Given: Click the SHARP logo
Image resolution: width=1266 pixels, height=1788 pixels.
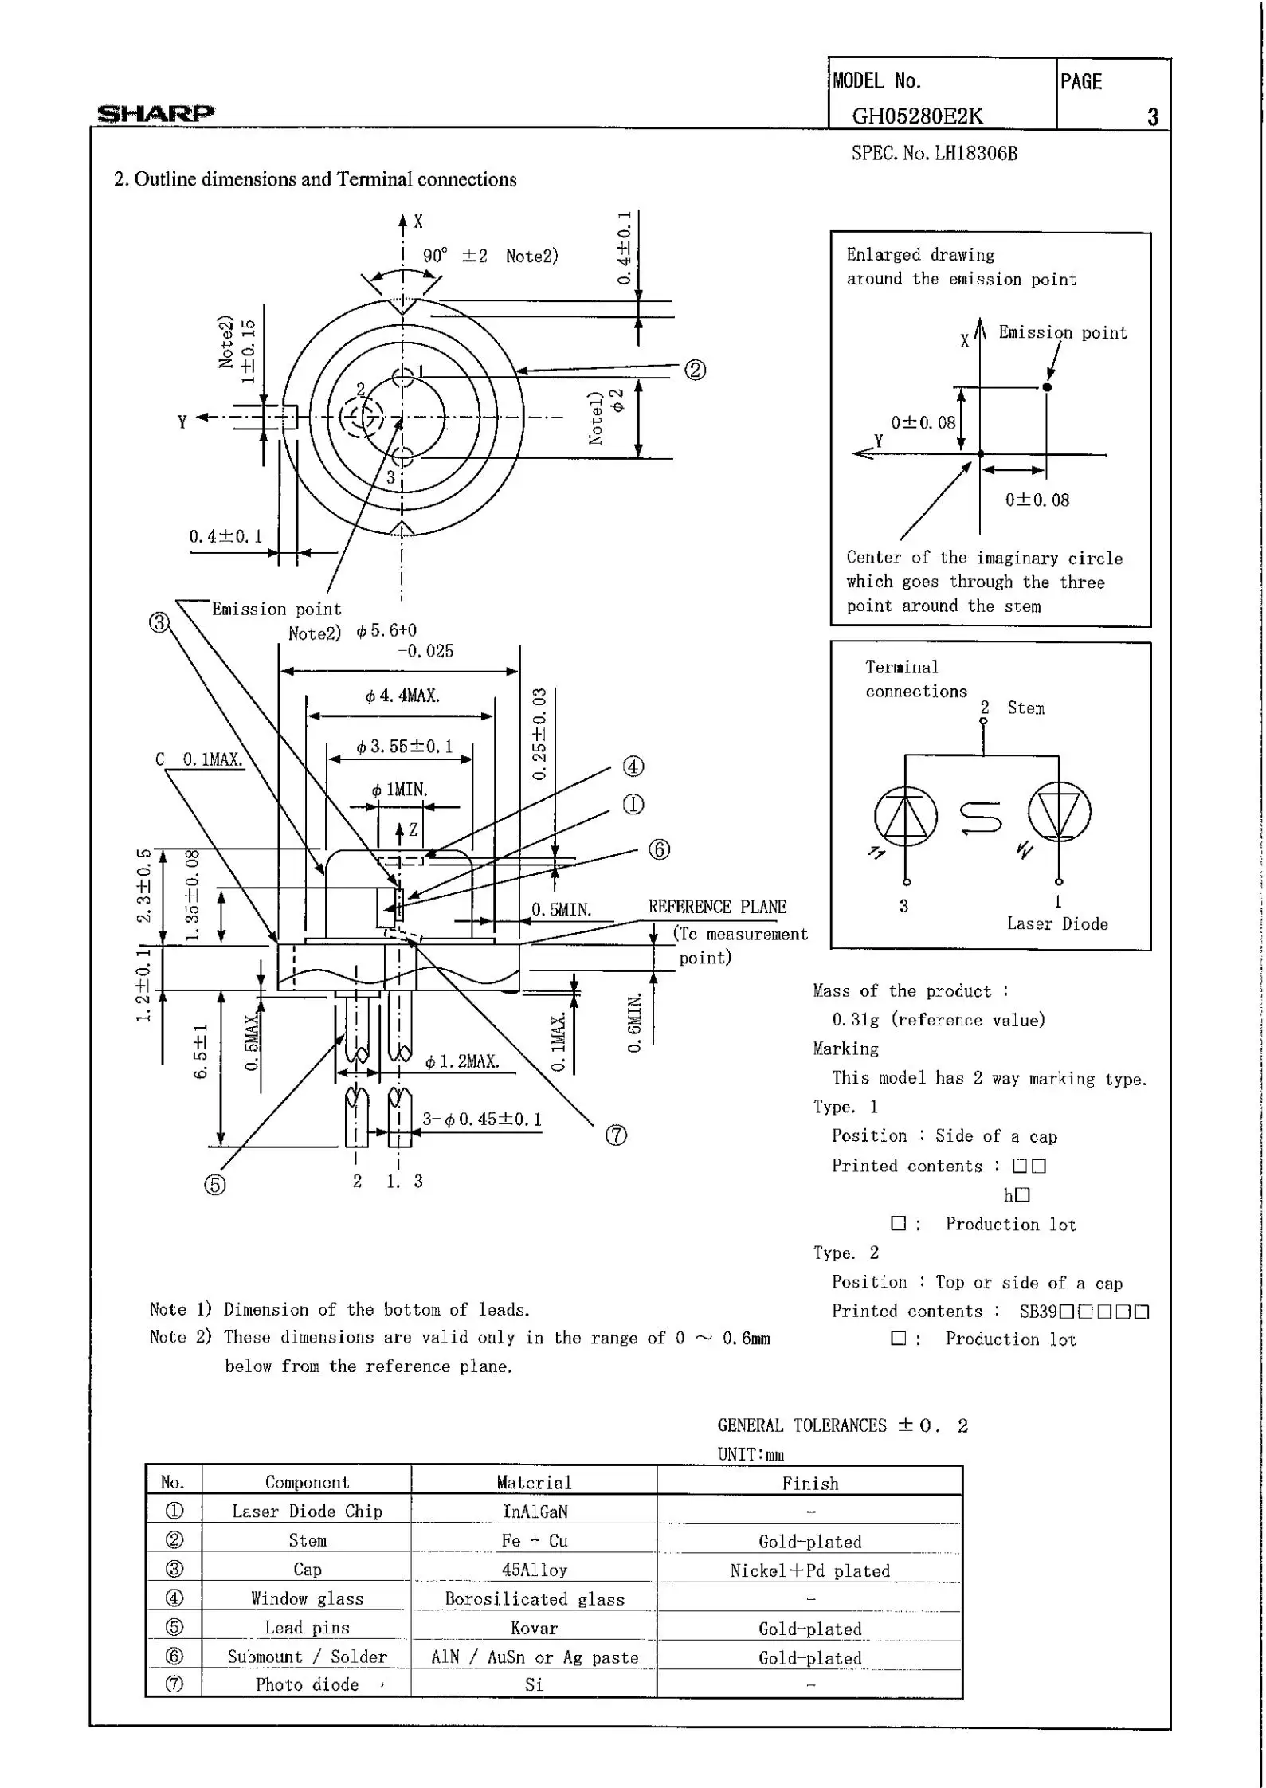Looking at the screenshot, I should [155, 113].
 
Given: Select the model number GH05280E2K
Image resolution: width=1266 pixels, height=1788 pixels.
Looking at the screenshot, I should [917, 116].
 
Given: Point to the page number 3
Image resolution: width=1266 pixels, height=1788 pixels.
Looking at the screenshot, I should [1152, 117].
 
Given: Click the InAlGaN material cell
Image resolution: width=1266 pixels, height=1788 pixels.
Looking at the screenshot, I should [535, 1512].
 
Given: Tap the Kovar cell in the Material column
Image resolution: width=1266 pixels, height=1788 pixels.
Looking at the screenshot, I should [534, 1628].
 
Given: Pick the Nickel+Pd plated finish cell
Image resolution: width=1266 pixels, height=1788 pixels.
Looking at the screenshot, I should [809, 1570].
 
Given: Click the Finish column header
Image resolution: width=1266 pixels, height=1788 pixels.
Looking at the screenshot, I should [809, 1483].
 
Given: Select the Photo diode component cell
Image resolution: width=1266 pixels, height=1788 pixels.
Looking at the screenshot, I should [307, 1684].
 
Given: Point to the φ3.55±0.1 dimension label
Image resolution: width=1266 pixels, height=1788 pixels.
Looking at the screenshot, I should [404, 747].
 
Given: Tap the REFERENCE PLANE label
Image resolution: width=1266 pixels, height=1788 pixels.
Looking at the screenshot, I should [717, 907].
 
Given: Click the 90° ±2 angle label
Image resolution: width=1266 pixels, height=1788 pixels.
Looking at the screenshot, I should [455, 256].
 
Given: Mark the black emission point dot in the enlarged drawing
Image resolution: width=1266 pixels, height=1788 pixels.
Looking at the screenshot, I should [1047, 387].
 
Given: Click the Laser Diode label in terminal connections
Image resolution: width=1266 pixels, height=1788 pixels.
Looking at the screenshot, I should [1057, 923].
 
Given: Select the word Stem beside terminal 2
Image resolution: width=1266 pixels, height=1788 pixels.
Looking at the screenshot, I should [1025, 708].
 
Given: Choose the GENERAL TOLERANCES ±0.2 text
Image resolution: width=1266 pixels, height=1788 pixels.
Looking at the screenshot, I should [842, 1425].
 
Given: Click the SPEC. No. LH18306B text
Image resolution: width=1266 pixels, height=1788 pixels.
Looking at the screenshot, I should [934, 154].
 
